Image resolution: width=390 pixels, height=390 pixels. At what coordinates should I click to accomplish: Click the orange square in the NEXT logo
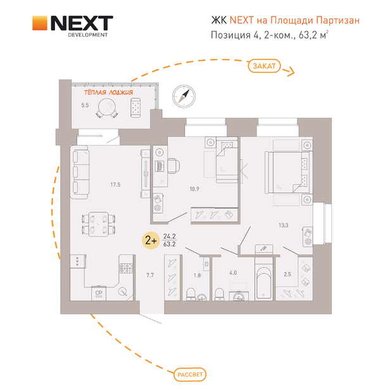[x=40, y=24]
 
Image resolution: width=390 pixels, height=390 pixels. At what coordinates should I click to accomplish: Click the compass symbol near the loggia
[x=184, y=96]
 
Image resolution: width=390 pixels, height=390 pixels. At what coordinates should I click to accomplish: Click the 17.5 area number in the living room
[x=115, y=184]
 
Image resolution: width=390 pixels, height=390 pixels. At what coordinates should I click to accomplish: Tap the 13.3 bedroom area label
[x=283, y=224]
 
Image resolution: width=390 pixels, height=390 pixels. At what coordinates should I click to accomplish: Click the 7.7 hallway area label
[x=150, y=275]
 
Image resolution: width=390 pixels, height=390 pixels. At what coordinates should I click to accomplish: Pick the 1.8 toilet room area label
[x=196, y=275]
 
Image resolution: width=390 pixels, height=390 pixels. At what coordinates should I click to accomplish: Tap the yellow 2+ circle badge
[x=151, y=241]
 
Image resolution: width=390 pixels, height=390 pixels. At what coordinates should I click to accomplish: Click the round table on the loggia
[x=108, y=111]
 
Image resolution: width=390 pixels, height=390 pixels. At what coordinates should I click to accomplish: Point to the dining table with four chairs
[x=100, y=223]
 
